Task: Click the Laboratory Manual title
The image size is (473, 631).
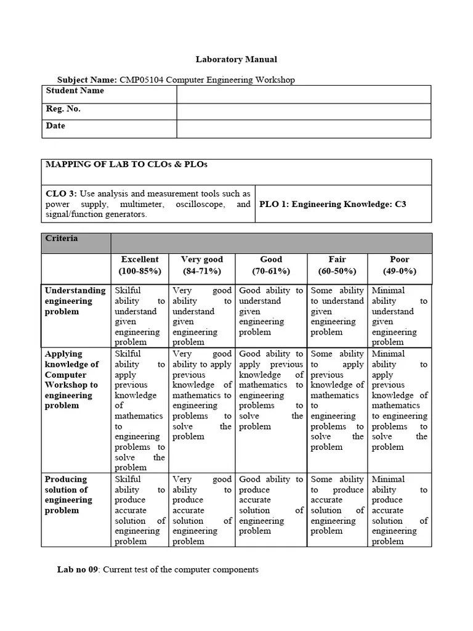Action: coord(236,60)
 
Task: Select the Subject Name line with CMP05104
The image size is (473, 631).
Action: coord(176,79)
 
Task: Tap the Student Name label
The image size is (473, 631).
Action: coord(75,91)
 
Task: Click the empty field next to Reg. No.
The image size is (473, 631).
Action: coord(304,112)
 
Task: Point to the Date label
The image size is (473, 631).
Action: coord(55,126)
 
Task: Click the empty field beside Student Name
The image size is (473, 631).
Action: coord(304,94)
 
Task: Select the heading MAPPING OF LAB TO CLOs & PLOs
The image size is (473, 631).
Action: coord(127,165)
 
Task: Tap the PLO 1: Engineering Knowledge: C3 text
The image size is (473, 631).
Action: coord(333,204)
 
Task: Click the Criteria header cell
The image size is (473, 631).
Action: coord(62,238)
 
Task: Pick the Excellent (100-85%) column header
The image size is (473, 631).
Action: coord(140,266)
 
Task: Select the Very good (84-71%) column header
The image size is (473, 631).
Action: coord(202,266)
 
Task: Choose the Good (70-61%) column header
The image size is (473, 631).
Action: coord(271,266)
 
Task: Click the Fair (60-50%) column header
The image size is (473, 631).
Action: coord(337,266)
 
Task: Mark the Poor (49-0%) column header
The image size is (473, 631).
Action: coord(399,266)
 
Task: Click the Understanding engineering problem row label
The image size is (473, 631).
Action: coord(75,301)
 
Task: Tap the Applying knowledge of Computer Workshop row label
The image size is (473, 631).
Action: coord(71,380)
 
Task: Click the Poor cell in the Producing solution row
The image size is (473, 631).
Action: coord(399,510)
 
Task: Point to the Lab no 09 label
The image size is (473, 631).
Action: coord(78,570)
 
